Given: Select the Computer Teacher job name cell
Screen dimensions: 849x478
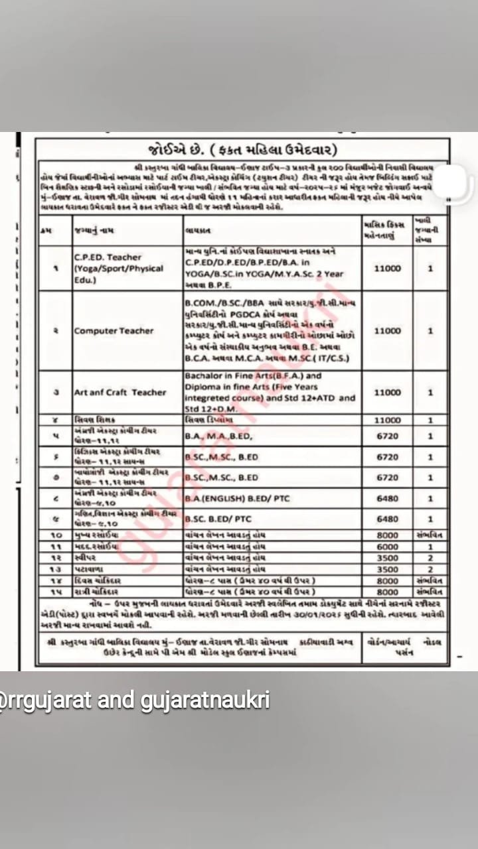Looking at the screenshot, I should pyautogui.click(x=114, y=331).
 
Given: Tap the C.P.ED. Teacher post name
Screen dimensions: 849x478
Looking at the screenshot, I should pyautogui.click(x=108, y=257).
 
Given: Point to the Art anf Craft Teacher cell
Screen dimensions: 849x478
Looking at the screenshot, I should pyautogui.click(x=119, y=392).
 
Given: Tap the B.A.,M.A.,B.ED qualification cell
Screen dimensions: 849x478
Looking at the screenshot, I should pyautogui.click(x=212, y=436).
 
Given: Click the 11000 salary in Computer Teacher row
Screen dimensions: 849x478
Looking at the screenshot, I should pyautogui.click(x=387, y=331).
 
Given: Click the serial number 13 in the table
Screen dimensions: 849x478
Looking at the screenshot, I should pyautogui.click(x=58, y=569).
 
